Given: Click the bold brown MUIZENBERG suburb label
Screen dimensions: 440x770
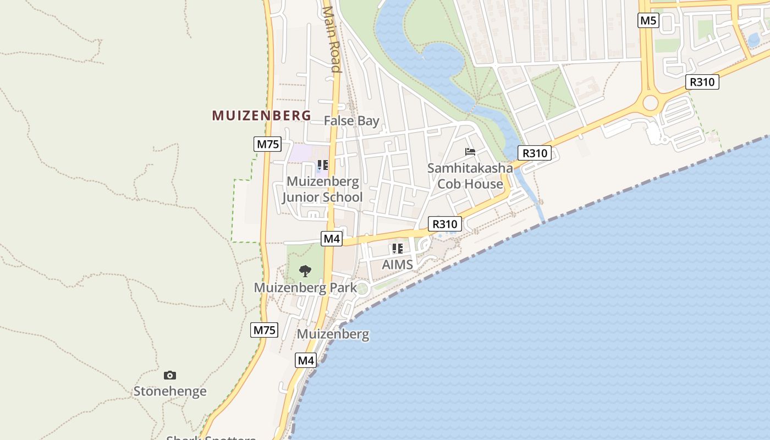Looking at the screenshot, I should pyautogui.click(x=261, y=116).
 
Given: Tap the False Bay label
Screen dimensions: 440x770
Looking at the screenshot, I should pyautogui.click(x=351, y=120).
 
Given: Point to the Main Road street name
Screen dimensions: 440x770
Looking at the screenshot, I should pyautogui.click(x=332, y=38).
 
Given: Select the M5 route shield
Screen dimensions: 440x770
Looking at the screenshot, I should pyautogui.click(x=648, y=21).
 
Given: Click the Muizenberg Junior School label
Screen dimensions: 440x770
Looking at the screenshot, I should pyautogui.click(x=323, y=189).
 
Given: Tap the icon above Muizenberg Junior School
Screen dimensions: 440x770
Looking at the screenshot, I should pyautogui.click(x=323, y=164).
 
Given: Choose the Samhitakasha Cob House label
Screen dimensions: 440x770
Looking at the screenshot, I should pyautogui.click(x=470, y=176).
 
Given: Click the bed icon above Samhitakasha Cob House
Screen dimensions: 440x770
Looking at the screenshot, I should pyautogui.click(x=470, y=151).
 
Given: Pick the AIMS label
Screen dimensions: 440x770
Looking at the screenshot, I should pyautogui.click(x=397, y=265).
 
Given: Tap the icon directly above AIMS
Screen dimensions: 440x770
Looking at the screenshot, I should pyautogui.click(x=397, y=249).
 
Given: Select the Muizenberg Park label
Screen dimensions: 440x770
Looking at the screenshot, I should pyautogui.click(x=305, y=288).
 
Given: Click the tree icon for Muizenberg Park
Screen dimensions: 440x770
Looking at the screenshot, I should pyautogui.click(x=305, y=271).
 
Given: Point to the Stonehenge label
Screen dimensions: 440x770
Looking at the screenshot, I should pyautogui.click(x=170, y=392).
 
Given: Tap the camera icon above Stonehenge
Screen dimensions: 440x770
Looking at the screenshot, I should pyautogui.click(x=170, y=375).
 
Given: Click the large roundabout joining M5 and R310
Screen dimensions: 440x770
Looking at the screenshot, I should pyautogui.click(x=651, y=103).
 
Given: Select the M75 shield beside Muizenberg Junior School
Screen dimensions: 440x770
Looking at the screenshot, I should pyautogui.click(x=268, y=145).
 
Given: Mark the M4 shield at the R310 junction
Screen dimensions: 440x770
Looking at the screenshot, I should pyautogui.click(x=332, y=239).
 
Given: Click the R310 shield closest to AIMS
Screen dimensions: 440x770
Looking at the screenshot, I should pyautogui.click(x=445, y=224).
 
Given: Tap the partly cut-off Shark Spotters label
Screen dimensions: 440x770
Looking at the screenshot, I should pyautogui.click(x=211, y=437).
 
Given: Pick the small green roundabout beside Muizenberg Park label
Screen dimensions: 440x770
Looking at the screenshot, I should pyautogui.click(x=362, y=288).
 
